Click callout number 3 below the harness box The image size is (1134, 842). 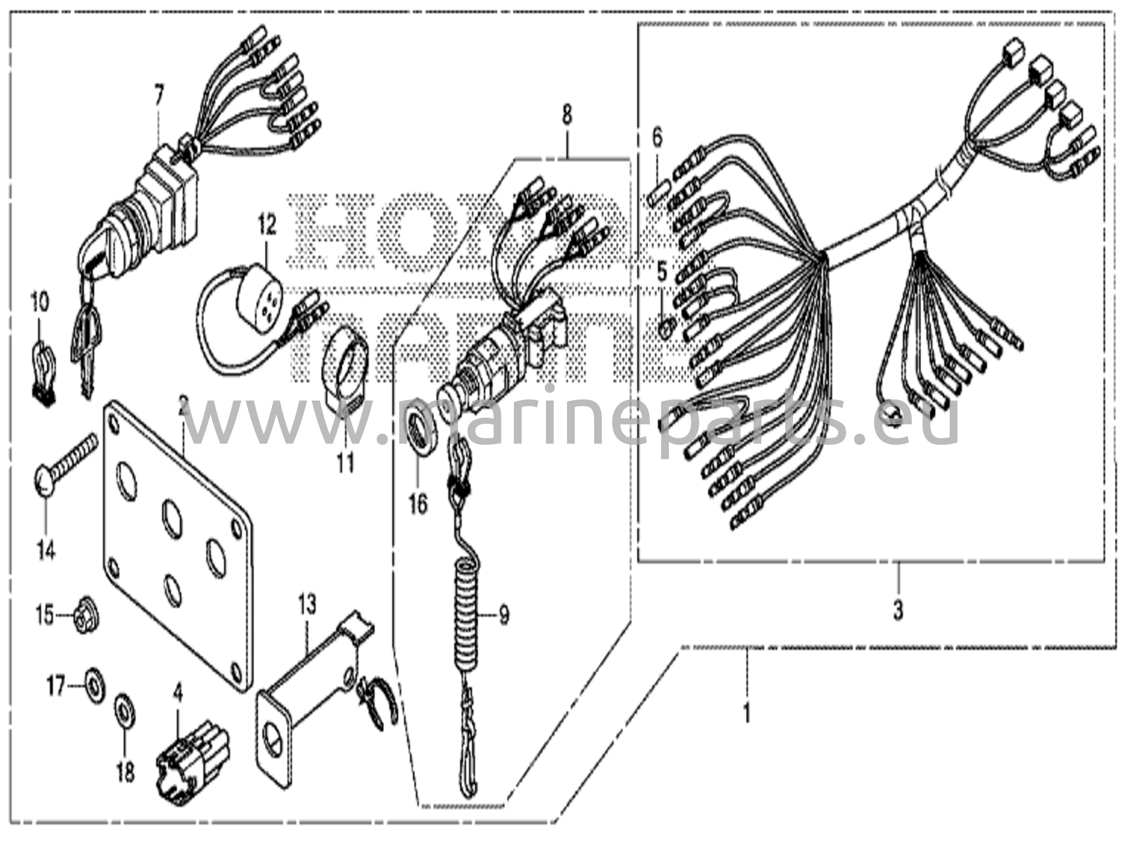(x=898, y=610)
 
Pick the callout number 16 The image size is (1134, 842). (x=419, y=504)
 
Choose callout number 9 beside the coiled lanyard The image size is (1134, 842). (x=503, y=615)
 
